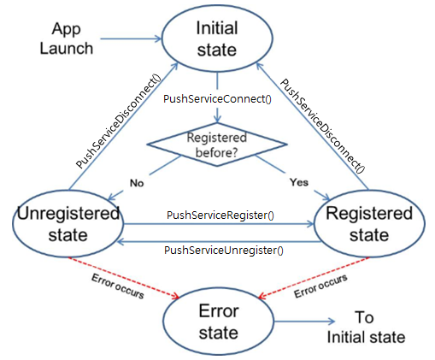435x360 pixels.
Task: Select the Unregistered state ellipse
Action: [x=67, y=223]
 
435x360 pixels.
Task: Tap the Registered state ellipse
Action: [x=369, y=223]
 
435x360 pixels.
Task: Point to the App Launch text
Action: [x=66, y=38]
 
